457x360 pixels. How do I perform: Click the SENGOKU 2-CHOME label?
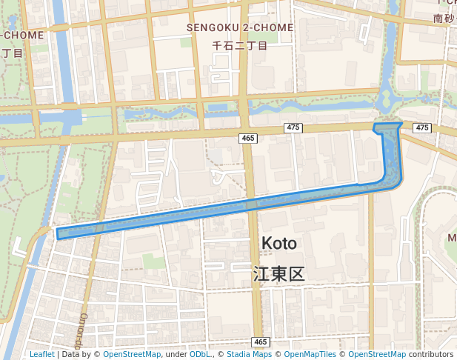pyautogui.click(x=240, y=27)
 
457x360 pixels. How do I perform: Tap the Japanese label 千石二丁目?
pyautogui.click(x=240, y=45)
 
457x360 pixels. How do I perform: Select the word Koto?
pyautogui.click(x=279, y=244)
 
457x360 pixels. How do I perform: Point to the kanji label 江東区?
pyautogui.click(x=279, y=274)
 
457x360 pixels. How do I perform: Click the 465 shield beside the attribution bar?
pyautogui.click(x=259, y=341)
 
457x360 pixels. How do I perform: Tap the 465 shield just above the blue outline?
pyautogui.click(x=247, y=139)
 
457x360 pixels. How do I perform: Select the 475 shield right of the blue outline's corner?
pyautogui.click(x=422, y=128)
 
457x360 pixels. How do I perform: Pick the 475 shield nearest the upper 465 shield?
pyautogui.click(x=293, y=128)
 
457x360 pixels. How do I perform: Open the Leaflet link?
pyautogui.click(x=41, y=355)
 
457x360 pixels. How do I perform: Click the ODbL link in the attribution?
pyautogui.click(x=200, y=355)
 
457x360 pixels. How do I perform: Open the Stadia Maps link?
pyautogui.click(x=248, y=355)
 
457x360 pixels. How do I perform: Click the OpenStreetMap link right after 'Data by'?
pyautogui.click(x=132, y=355)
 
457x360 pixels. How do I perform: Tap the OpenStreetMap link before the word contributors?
pyautogui.click(x=377, y=355)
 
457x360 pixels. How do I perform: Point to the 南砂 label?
pyautogui.click(x=443, y=18)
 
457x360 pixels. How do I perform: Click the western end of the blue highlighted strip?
pyautogui.click(x=59, y=234)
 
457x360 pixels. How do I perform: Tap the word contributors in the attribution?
pyautogui.click(x=430, y=355)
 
